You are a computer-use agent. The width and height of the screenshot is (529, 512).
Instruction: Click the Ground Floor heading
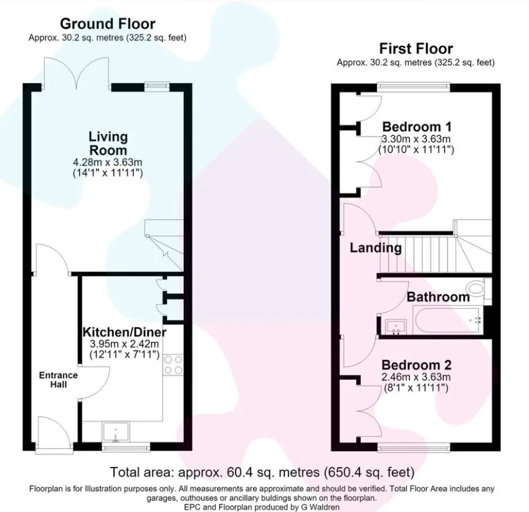[x=108, y=24]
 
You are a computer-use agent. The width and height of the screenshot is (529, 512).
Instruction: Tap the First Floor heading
[x=416, y=49]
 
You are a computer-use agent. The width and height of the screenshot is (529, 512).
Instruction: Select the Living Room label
[x=108, y=143]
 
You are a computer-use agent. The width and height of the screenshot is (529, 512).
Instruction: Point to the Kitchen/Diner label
[x=125, y=332]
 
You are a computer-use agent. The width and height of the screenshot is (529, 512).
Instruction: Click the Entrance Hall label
[x=59, y=380]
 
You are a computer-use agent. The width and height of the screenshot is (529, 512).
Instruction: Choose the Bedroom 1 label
[x=417, y=127]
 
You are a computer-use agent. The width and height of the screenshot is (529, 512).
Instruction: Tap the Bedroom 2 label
[x=416, y=365]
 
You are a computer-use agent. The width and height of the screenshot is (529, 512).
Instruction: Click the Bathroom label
[x=438, y=297]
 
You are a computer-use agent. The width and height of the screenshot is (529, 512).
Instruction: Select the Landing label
[x=376, y=248]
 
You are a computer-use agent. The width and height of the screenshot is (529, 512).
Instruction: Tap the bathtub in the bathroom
[x=447, y=320]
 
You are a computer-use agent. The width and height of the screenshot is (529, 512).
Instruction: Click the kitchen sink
[x=116, y=432]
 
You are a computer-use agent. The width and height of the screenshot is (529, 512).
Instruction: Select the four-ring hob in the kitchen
[x=173, y=365]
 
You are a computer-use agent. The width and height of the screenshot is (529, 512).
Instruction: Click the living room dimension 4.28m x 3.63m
[x=108, y=162]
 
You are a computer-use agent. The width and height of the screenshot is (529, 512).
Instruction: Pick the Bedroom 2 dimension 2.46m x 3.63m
[x=416, y=377]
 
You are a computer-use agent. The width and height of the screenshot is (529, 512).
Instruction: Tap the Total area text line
[x=262, y=472]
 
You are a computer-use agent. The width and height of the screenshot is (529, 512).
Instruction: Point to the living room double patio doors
[x=77, y=74]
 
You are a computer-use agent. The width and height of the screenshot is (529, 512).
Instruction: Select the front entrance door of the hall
[x=54, y=433]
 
